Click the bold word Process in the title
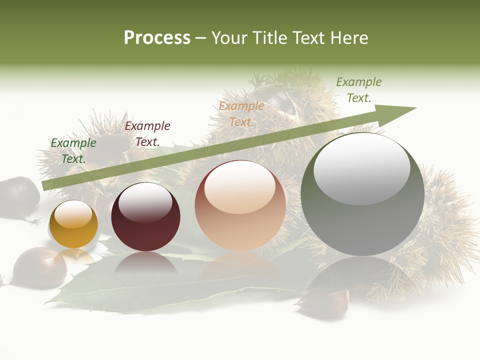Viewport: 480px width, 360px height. coord(157,38)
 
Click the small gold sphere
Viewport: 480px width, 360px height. coord(73,225)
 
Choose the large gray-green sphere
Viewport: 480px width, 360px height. coord(362,194)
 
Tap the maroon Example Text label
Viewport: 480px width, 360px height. coord(147,134)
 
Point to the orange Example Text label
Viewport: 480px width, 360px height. coord(241,114)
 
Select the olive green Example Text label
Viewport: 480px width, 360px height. coord(359,90)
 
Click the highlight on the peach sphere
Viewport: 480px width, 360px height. coord(240,186)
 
